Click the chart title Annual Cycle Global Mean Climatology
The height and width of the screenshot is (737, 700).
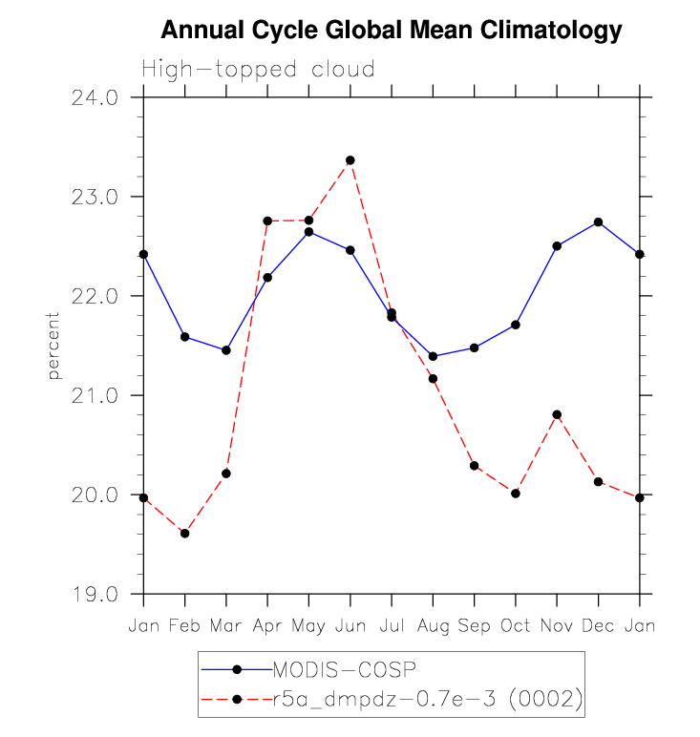click(392, 31)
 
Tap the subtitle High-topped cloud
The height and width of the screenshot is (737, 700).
click(258, 70)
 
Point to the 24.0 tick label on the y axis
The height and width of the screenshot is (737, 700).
click(95, 97)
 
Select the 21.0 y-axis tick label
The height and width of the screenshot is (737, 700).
click(95, 395)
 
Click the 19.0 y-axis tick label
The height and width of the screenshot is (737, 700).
click(95, 594)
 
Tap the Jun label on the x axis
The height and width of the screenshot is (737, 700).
click(350, 625)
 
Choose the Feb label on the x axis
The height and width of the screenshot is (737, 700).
click(185, 625)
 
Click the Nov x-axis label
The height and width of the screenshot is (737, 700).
click(557, 625)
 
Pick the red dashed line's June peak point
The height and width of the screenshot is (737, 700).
click(350, 160)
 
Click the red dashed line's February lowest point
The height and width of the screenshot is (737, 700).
click(185, 534)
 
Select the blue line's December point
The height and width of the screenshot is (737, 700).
click(599, 221)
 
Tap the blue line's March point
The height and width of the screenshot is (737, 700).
click(226, 350)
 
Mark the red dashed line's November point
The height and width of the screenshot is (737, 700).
click(557, 414)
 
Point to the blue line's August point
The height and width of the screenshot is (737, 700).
click(433, 356)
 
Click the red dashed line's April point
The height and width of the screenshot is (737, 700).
click(267, 221)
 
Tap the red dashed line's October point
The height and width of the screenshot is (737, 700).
click(516, 494)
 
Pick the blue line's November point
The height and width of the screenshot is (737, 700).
click(557, 245)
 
